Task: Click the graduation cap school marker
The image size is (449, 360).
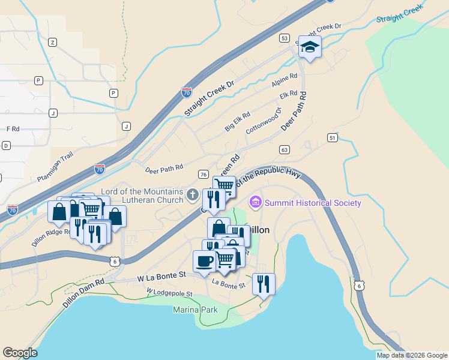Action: click(310, 47)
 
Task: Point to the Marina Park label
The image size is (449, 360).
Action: click(195, 310)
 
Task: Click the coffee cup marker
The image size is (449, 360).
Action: click(204, 261)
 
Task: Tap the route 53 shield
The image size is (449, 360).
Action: click(285, 38)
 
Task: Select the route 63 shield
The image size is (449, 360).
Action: click(285, 149)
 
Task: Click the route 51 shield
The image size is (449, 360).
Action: click(332, 138)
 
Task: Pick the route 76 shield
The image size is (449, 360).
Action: click(203, 175)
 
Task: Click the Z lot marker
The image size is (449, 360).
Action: click(53, 42)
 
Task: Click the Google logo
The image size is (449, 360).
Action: click(20, 353)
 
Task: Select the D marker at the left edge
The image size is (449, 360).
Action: click(6, 146)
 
